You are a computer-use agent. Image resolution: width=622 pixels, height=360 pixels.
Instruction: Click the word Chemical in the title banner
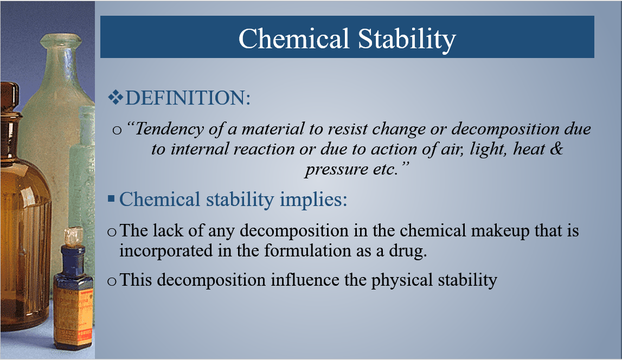[x=293, y=38]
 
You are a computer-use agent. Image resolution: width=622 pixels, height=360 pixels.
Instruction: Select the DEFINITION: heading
[x=188, y=98]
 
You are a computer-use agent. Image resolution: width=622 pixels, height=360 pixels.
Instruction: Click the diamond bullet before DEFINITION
[x=116, y=98]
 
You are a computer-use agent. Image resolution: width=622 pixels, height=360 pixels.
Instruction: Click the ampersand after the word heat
[x=557, y=149]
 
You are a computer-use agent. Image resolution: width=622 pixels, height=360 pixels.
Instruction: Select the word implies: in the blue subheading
[x=313, y=200]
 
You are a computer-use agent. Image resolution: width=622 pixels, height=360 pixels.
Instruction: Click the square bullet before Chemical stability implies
[x=111, y=198]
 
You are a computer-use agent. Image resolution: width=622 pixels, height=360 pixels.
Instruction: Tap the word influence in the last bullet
[x=305, y=280]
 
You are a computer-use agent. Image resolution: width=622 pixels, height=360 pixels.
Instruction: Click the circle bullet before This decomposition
[x=112, y=281]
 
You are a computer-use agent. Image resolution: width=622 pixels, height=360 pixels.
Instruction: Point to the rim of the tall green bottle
[x=61, y=40]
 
